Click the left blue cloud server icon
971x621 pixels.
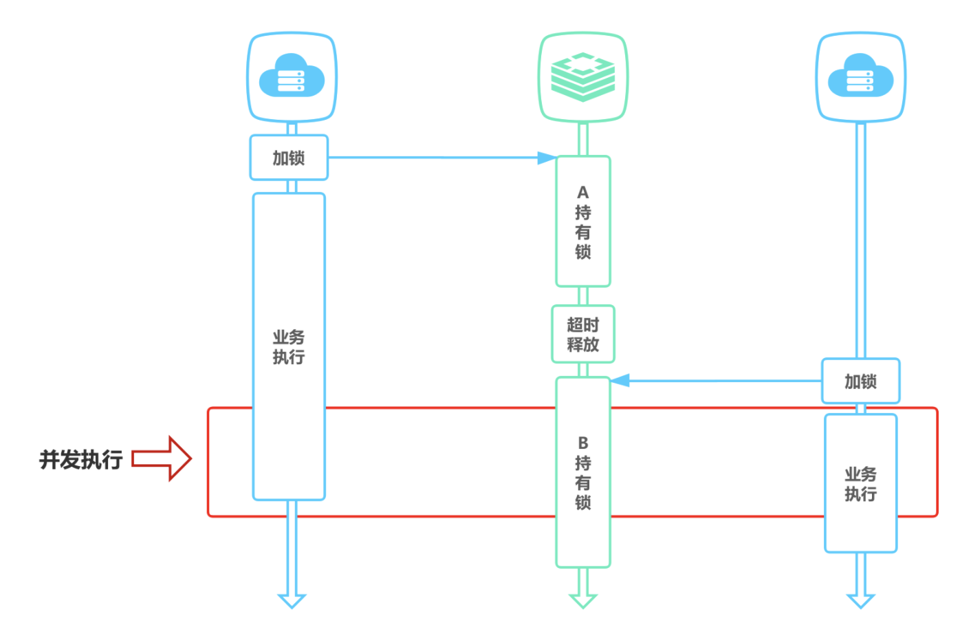tap(292, 77)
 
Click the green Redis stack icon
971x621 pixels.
tap(583, 77)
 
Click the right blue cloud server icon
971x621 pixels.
tap(860, 77)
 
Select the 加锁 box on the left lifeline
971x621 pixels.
tap(289, 158)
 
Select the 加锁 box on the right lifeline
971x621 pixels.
tap(860, 381)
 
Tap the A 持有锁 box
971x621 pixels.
tap(583, 222)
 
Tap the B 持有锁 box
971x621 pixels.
tap(583, 472)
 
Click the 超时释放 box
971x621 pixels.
tap(583, 334)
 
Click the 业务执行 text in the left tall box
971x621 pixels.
tap(289, 347)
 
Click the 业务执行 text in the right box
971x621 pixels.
tap(860, 484)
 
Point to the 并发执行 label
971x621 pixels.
tap(81, 459)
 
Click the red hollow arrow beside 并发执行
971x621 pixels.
tap(162, 459)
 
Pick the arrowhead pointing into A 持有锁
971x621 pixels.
tap(547, 158)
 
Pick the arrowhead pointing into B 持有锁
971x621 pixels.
tap(620, 381)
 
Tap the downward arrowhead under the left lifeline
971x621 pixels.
tap(292, 600)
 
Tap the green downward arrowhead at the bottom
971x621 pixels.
tap(583, 600)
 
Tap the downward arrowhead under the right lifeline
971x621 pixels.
tap(860, 600)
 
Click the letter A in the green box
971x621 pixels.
tap(583, 192)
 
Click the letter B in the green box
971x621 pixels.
tap(583, 443)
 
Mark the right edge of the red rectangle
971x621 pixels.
tap(937, 461)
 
